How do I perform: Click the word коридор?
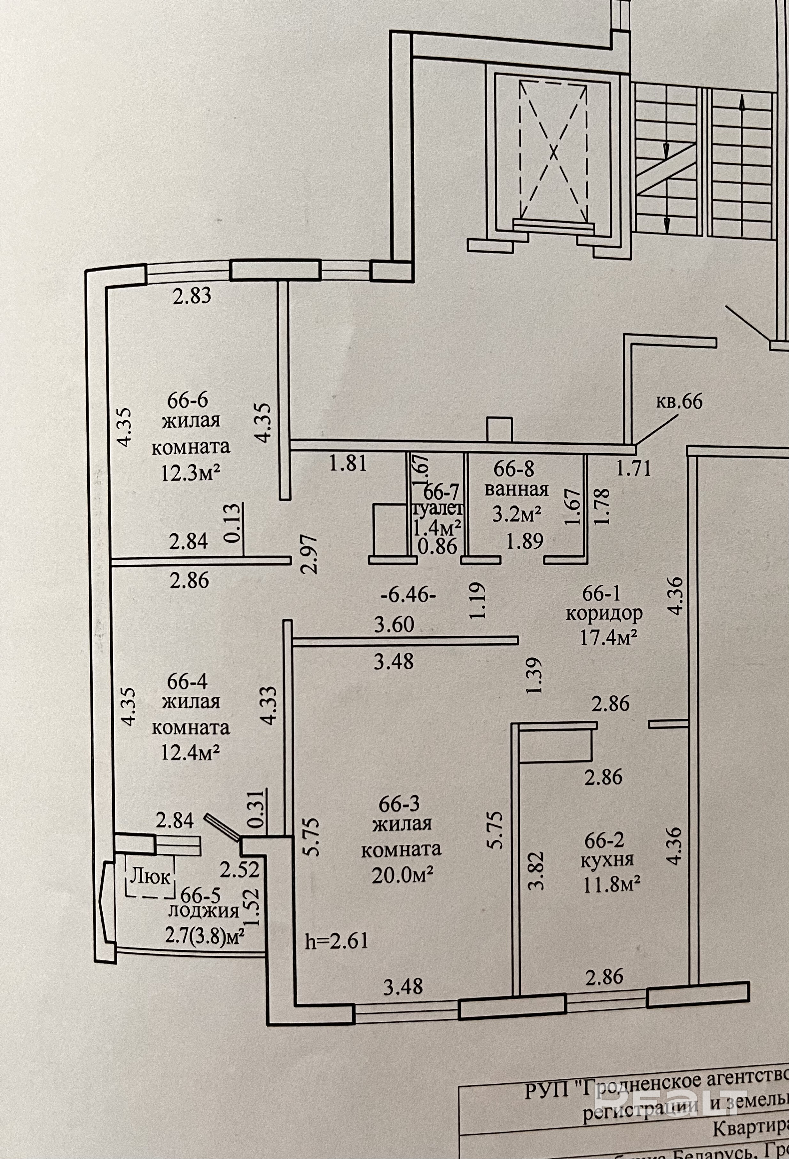pyautogui.click(x=604, y=614)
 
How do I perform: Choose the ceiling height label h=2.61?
pyautogui.click(x=337, y=941)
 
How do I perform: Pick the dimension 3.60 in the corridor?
pyautogui.click(x=394, y=625)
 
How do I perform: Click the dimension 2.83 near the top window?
pyautogui.click(x=192, y=296)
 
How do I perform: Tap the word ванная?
pyautogui.click(x=517, y=490)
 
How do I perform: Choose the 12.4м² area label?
pyautogui.click(x=191, y=752)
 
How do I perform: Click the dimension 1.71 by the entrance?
pyautogui.click(x=634, y=468)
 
